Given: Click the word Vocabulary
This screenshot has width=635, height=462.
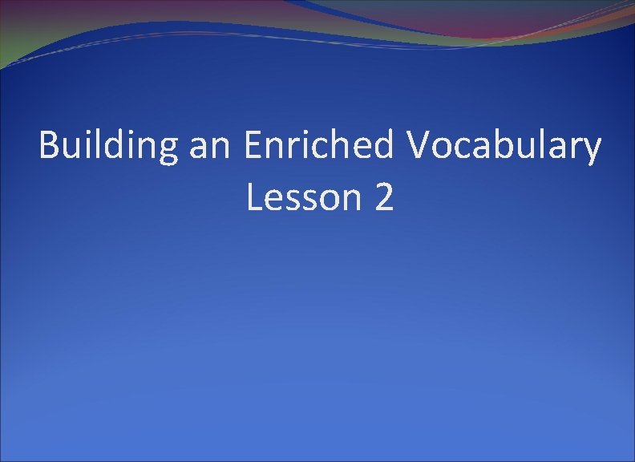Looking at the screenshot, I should (504, 147).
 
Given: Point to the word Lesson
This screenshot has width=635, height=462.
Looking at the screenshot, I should (305, 197).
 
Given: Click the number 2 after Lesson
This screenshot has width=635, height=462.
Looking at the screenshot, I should (383, 197).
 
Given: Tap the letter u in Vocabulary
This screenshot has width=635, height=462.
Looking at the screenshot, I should (531, 149).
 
